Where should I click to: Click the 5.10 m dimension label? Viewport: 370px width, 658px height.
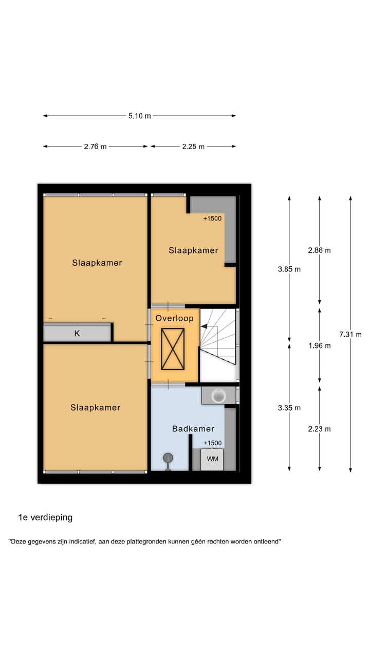point(140,116)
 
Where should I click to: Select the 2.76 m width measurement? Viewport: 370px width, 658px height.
point(96,147)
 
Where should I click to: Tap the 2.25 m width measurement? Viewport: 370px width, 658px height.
point(193,147)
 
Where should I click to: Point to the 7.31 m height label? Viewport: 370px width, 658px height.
point(350,334)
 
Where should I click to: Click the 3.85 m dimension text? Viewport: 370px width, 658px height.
point(289,269)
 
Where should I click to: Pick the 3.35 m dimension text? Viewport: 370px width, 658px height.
point(289,408)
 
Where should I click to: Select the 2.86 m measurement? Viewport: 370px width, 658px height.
point(320,250)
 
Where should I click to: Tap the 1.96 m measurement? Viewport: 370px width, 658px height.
point(320,345)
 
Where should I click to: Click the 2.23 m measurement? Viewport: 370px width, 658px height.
point(320,429)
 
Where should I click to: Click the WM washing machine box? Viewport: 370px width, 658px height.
point(212,459)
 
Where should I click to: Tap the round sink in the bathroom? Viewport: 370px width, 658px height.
point(219,395)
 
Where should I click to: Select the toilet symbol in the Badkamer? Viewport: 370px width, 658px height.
point(168,460)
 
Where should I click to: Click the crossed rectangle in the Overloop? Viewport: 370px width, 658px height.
point(173,349)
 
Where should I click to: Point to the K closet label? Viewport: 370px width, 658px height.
point(77,333)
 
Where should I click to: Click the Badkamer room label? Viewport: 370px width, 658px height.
point(193,428)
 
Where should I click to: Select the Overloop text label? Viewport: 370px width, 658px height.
point(175,318)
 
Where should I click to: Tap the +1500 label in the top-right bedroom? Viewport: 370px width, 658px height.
point(212,218)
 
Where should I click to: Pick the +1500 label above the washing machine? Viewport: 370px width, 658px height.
point(212,443)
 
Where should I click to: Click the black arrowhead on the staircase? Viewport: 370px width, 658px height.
point(204,325)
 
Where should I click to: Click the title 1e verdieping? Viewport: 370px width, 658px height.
point(45,518)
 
